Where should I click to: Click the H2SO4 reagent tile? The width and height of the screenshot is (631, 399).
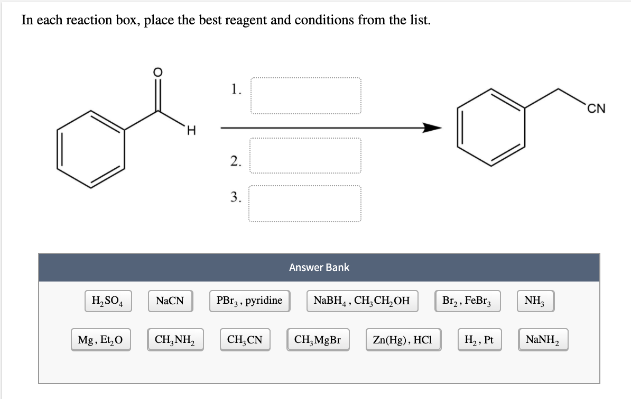click(108, 301)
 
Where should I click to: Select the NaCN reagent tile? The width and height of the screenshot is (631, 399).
click(170, 301)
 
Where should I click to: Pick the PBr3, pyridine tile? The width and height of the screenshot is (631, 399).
click(249, 301)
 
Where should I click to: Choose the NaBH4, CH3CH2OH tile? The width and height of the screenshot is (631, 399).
click(361, 301)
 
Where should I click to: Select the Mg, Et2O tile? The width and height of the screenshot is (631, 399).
click(100, 340)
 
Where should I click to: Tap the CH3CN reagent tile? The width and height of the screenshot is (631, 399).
click(244, 340)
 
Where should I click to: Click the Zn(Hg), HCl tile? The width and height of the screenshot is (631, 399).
click(403, 340)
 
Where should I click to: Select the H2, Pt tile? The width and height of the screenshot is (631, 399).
click(479, 340)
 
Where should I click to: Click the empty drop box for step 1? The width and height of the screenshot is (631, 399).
click(305, 96)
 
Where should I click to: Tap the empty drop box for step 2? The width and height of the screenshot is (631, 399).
click(305, 156)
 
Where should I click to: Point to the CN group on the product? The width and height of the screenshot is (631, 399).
click(596, 109)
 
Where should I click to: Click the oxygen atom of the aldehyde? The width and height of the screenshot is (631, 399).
click(156, 72)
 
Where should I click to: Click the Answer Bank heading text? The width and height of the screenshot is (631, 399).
click(319, 267)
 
